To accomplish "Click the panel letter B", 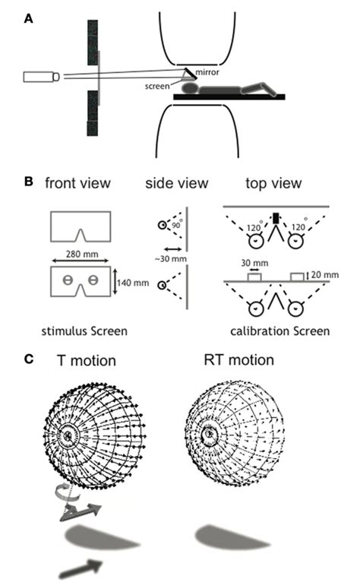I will [29, 182].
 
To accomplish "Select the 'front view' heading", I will [77, 184].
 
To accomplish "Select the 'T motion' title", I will [85, 360].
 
